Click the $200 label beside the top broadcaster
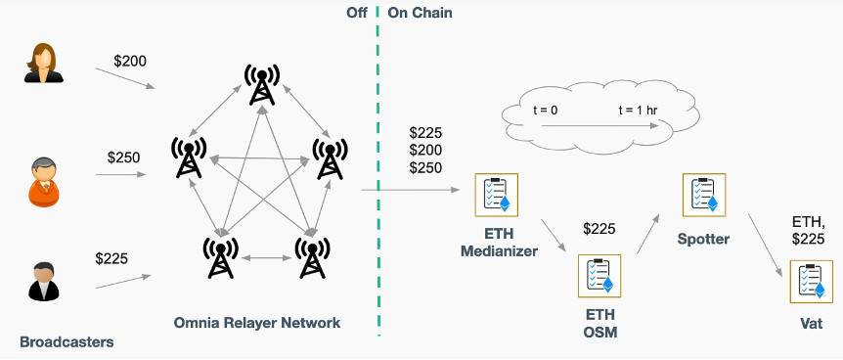click(x=131, y=62)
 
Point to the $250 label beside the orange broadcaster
click(x=124, y=157)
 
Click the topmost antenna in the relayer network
click(x=261, y=84)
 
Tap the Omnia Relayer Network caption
click(x=257, y=323)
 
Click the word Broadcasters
click(x=67, y=342)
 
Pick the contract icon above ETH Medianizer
click(x=496, y=195)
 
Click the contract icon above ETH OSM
click(x=599, y=275)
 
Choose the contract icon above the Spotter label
click(x=704, y=196)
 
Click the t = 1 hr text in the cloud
click(x=641, y=111)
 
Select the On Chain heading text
click(x=420, y=13)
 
